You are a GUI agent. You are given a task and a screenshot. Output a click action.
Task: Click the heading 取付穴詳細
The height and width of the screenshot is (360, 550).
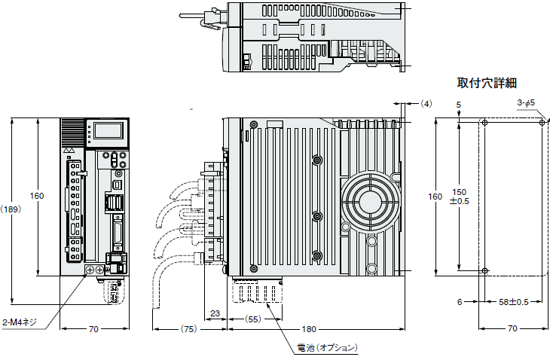[x=487, y=83]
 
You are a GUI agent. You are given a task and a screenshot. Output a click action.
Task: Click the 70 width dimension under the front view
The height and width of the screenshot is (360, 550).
[x=93, y=329]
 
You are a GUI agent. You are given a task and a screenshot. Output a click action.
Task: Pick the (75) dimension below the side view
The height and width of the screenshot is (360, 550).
[x=188, y=329]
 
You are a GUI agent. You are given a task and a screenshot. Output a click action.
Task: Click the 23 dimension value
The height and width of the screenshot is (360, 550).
[x=215, y=314]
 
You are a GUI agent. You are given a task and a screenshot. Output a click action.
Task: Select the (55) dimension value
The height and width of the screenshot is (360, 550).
[x=253, y=319]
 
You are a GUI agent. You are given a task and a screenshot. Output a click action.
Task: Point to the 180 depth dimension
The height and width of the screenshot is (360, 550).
[x=309, y=329]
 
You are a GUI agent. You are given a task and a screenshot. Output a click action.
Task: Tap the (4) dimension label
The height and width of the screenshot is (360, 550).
[x=427, y=102]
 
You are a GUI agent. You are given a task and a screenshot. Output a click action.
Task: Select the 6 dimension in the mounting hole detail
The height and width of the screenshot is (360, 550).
[x=458, y=301]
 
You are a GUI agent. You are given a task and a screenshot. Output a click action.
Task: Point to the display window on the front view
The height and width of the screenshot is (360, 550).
[x=106, y=131]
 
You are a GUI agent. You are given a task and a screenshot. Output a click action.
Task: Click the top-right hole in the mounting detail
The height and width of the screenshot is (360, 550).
[x=543, y=122]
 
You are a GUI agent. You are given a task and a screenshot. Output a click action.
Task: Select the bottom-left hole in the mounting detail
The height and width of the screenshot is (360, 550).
[x=485, y=271]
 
